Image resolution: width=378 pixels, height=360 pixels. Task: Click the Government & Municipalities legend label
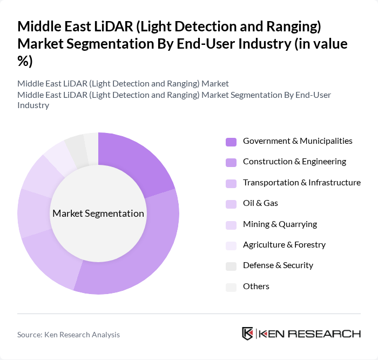[x=298, y=141]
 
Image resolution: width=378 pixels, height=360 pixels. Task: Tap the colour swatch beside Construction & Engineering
[x=231, y=162]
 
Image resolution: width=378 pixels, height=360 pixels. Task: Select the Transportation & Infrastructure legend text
[x=302, y=183]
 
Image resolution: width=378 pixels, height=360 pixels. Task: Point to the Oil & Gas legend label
[x=260, y=203]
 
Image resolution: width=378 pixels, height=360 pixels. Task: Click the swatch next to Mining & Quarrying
[x=231, y=224]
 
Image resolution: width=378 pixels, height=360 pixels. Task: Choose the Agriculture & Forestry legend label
[x=284, y=245]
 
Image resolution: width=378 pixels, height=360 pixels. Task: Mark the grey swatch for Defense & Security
[x=231, y=266]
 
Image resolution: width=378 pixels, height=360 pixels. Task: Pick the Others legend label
[x=256, y=286]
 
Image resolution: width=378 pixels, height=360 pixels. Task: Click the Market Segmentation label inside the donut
[x=98, y=214]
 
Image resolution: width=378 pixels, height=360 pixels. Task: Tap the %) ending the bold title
[x=25, y=62]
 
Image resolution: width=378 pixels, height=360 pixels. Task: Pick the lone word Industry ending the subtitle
[x=33, y=105]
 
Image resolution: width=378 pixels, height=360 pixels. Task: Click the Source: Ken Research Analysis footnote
[x=69, y=335]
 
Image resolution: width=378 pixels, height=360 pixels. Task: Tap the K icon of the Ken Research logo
[x=248, y=334]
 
